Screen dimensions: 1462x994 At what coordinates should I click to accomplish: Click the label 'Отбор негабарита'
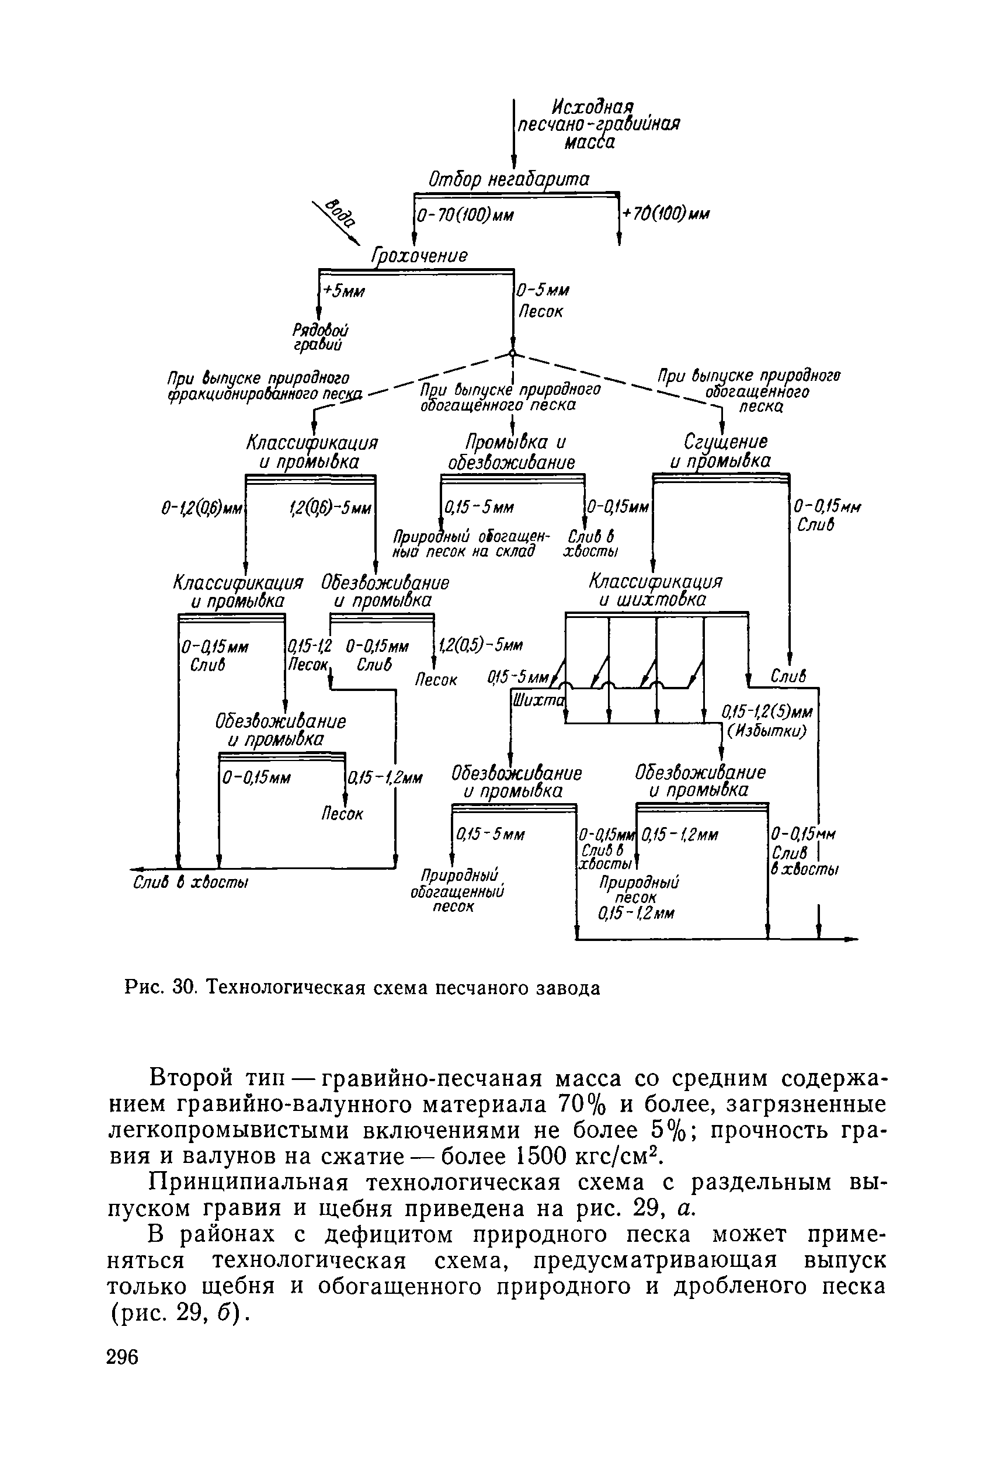click(508, 180)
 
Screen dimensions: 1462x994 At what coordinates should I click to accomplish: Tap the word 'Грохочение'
click(420, 256)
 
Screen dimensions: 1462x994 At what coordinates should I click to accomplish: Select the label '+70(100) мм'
click(665, 214)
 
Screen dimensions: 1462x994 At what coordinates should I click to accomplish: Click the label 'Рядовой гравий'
click(320, 338)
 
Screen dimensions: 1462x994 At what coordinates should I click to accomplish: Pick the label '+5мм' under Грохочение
click(343, 292)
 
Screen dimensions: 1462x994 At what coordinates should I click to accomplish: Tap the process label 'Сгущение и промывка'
click(720, 451)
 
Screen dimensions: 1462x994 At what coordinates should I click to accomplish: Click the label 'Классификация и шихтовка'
click(655, 589)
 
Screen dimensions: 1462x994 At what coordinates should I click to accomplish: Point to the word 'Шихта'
click(538, 700)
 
